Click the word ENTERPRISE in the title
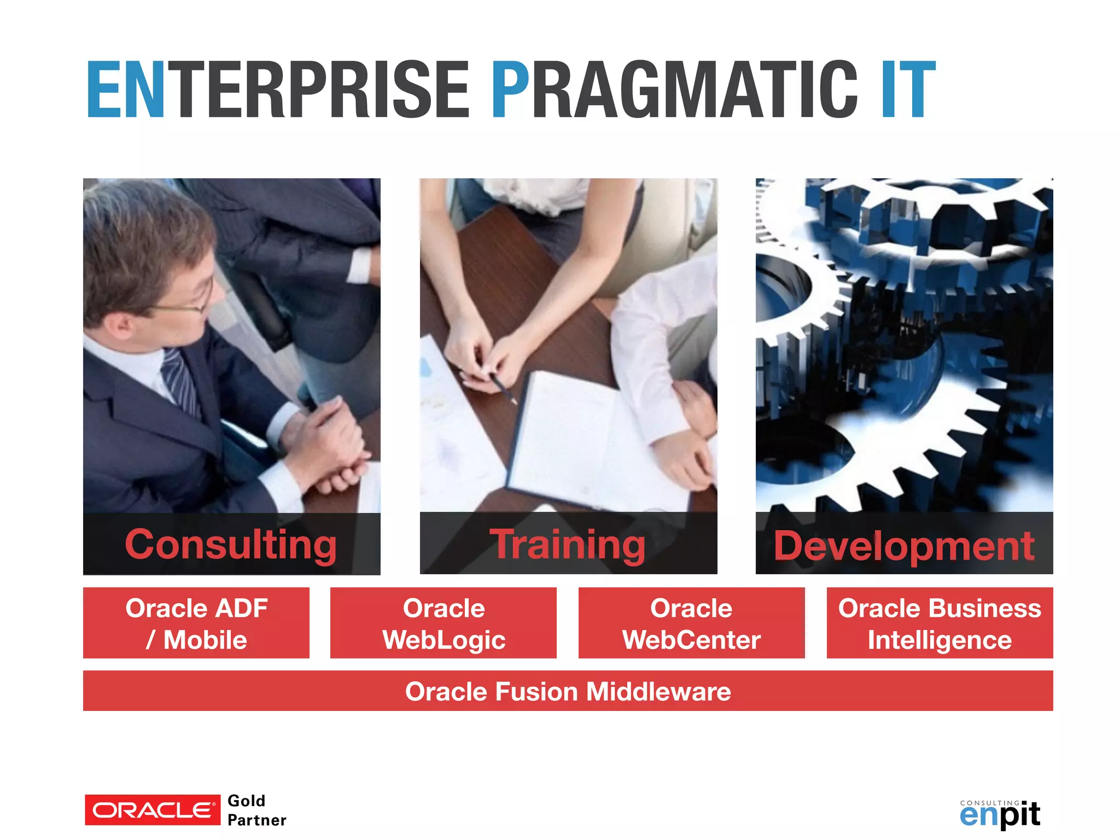click(278, 90)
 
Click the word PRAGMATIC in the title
click(674, 90)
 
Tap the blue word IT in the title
click(908, 90)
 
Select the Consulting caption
click(231, 544)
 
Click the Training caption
click(568, 544)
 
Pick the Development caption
click(904, 545)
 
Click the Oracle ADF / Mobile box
click(196, 623)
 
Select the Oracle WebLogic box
click(444, 623)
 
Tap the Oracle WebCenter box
click(691, 623)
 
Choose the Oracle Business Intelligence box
click(940, 623)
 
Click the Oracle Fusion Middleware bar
click(568, 691)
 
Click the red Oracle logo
click(152, 810)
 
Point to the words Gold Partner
click(256, 810)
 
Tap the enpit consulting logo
click(1000, 814)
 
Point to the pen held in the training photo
click(503, 389)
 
